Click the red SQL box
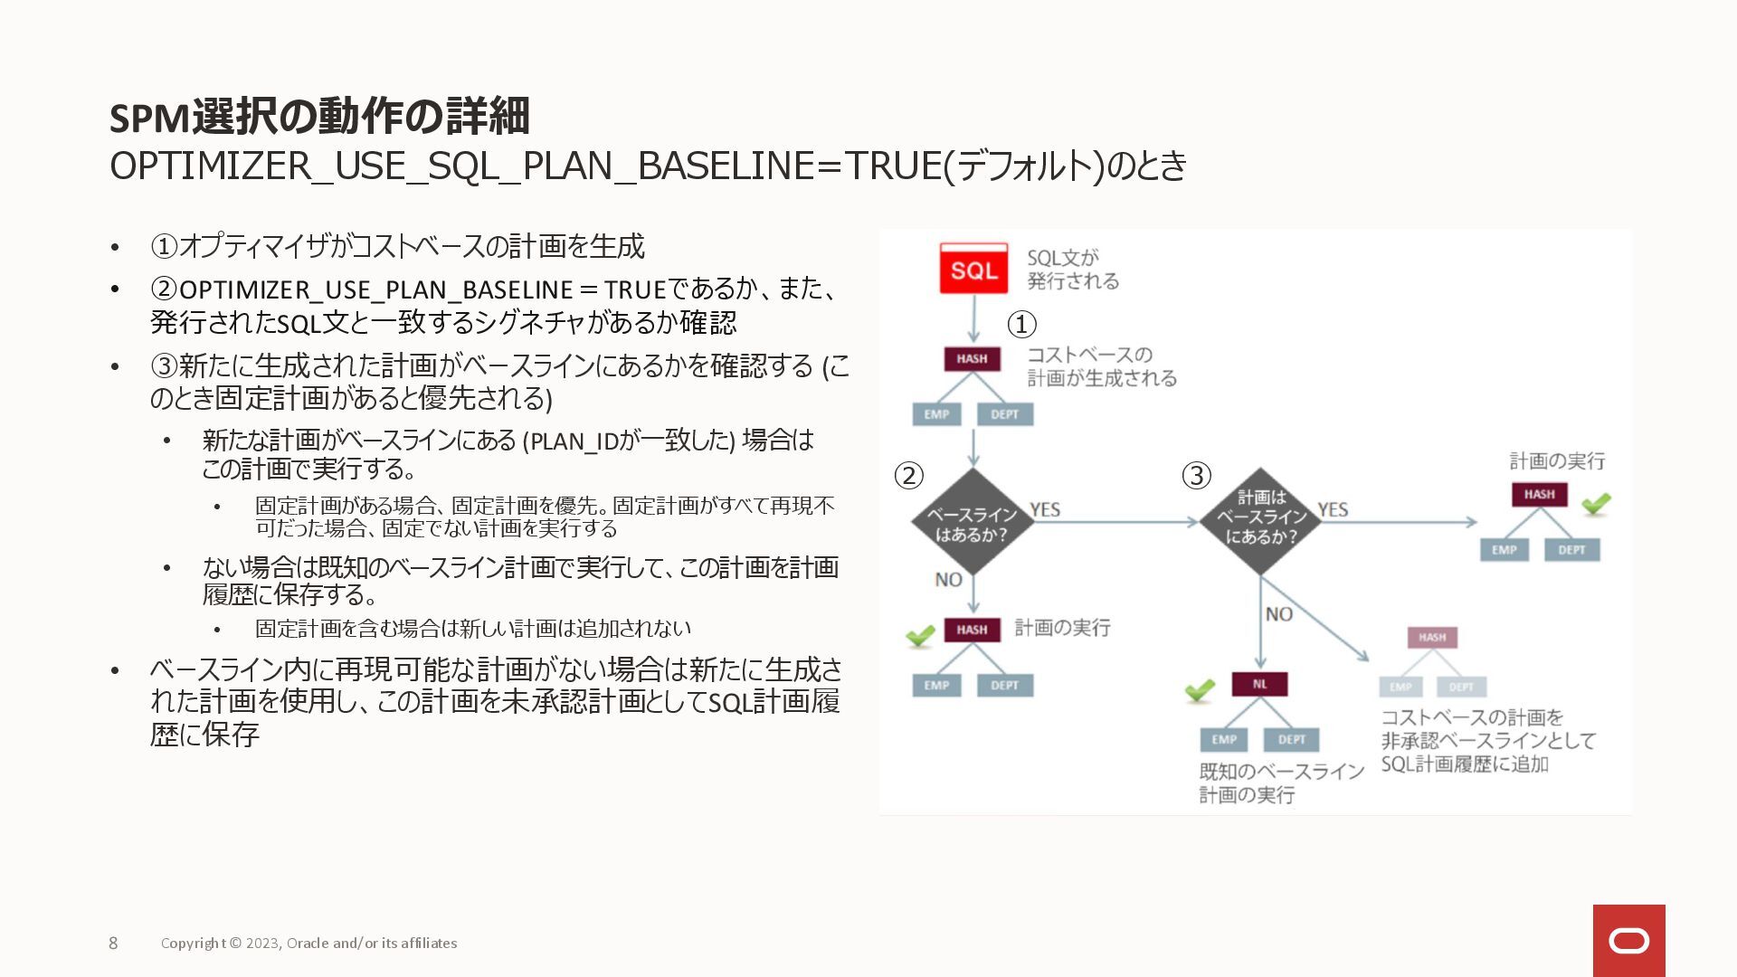coord(973,269)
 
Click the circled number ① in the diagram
coord(1021,324)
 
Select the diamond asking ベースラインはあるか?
coord(972,523)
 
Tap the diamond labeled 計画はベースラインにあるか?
coord(1260,521)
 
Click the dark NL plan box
coord(1259,684)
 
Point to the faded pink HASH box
coord(1431,637)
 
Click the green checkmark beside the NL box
coord(1200,691)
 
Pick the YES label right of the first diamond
coord(1045,509)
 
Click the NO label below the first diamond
coord(948,579)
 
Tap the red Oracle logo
coord(1628,941)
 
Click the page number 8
coord(113,943)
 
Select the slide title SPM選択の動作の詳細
coord(319,116)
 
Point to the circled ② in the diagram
coord(908,476)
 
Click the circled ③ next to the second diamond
coord(1196,476)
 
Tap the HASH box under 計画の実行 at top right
coord(1539,494)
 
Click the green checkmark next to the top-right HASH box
coord(1596,503)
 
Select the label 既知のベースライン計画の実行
coord(1281,783)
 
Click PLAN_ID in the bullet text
coord(574,441)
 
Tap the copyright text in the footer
coord(308,943)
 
